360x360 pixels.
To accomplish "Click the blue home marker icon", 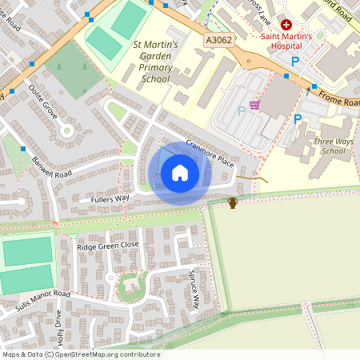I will pos(180,172).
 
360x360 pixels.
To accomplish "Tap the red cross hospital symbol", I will pos(286,25).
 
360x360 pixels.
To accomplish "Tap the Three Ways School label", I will pos(334,146).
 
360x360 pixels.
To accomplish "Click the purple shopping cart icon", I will pos(255,104).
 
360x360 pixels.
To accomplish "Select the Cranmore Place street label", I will pos(209,152).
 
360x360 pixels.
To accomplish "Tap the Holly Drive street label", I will pos(58,330).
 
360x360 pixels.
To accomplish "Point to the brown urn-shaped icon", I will pos(233,203).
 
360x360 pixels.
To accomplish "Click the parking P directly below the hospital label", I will pos(295,61).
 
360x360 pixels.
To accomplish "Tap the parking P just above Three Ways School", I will pos(298,119).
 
